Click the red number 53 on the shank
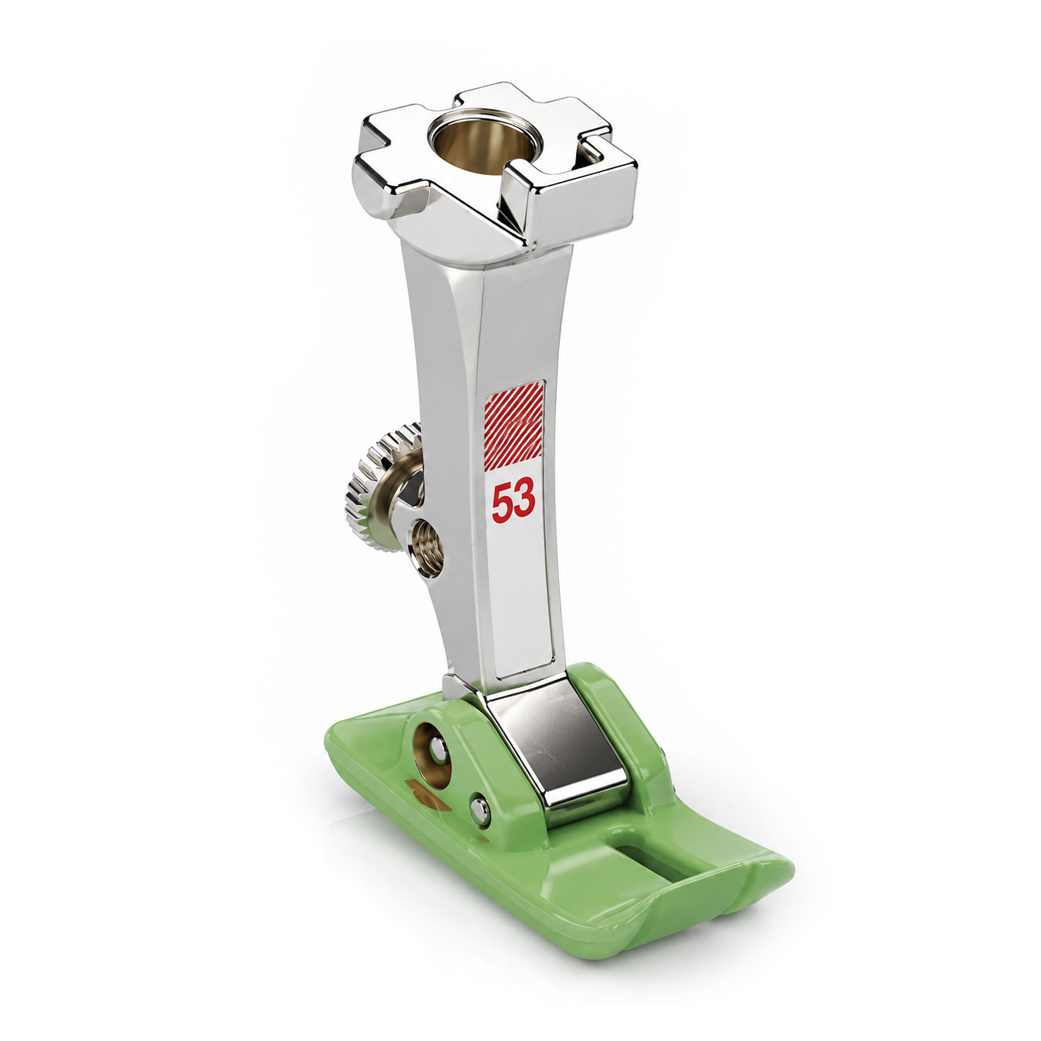(514, 500)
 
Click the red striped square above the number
(514, 426)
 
